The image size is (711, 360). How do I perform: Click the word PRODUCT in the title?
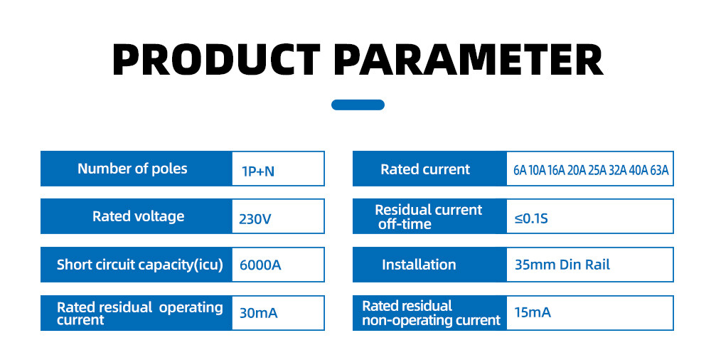216,60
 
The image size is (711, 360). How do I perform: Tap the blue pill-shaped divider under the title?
358,105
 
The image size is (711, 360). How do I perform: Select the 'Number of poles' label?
132,169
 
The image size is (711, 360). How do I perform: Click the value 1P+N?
258,171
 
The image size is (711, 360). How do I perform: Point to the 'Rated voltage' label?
139,216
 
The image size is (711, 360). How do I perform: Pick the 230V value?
255,219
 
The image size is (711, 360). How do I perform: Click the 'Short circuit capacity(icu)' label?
139,265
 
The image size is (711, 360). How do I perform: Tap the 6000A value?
260,265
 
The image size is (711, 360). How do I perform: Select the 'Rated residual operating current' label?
139,313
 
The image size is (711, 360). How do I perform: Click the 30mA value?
259,313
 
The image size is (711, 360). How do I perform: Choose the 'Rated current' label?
425,169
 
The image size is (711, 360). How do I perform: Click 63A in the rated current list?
659,170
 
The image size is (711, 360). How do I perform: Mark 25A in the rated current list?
597,170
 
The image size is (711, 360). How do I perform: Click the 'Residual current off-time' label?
429,217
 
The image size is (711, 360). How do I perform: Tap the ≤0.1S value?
531,219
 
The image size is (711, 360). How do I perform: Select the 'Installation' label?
419,265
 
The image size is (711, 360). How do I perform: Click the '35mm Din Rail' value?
562,265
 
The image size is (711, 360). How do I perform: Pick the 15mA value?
533,312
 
